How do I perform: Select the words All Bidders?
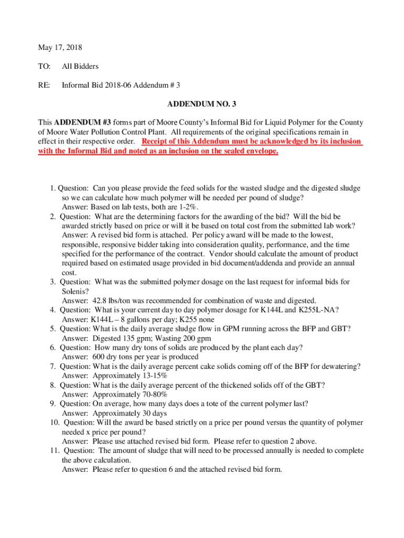(80, 67)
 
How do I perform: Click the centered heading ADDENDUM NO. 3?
(201, 104)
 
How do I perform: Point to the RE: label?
(44, 85)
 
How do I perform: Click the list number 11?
(54, 451)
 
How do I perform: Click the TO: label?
(44, 67)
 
